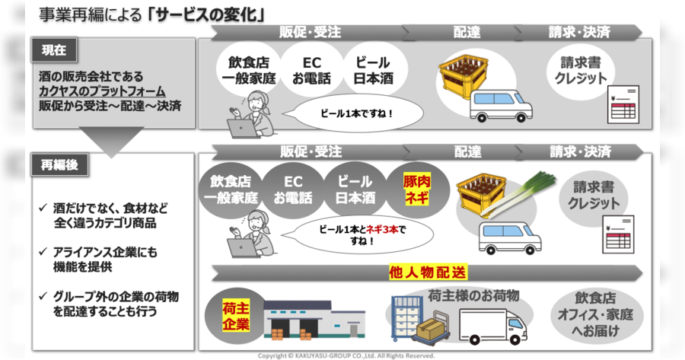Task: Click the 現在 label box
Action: point(54,50)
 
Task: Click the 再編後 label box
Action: point(59,165)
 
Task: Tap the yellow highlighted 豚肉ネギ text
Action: point(417,190)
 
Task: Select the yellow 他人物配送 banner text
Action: point(428,272)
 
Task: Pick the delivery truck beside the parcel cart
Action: point(493,326)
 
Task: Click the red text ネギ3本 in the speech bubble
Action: point(382,229)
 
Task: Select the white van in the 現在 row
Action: point(501,106)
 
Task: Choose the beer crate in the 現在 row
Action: point(464,75)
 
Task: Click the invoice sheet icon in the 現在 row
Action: point(623,104)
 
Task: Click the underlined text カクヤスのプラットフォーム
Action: point(102,91)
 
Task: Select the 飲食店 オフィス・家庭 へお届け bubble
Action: point(595,314)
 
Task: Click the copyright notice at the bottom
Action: point(346,355)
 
